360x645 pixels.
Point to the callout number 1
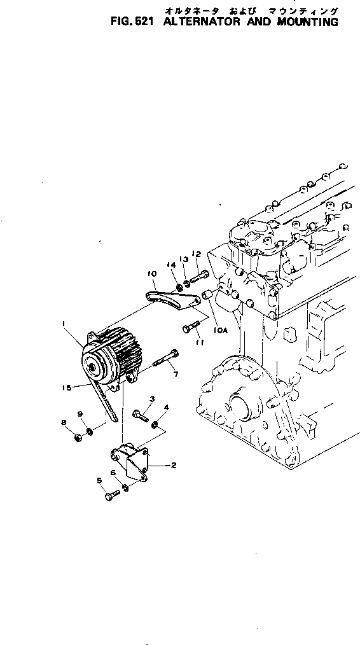tap(64, 324)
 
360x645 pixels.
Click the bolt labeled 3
tap(141, 416)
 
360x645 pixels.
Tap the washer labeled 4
tap(156, 422)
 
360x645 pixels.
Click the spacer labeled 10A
tap(206, 295)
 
